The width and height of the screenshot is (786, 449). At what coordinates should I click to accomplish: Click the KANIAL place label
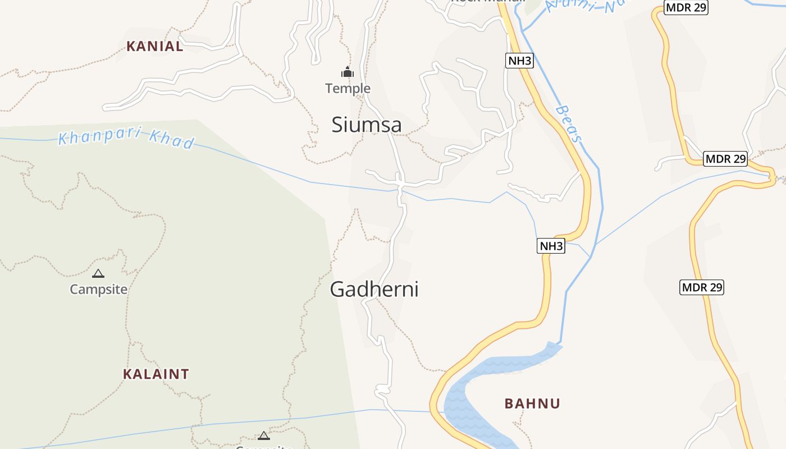154,46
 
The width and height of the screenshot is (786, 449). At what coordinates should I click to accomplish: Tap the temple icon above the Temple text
348,72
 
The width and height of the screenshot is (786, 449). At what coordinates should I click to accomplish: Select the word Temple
348,88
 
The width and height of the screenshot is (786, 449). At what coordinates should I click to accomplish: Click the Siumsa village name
367,125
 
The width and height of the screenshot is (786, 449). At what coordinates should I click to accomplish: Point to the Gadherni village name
374,289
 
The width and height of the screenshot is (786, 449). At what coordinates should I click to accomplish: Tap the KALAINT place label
156,374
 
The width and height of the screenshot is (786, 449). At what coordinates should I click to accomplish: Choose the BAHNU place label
532,404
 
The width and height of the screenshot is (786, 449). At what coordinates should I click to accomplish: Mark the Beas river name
569,123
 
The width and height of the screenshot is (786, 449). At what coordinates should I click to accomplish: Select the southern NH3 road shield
551,246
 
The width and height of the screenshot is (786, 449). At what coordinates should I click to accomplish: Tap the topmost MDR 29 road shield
686,7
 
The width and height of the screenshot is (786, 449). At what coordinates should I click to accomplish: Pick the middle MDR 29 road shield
726,159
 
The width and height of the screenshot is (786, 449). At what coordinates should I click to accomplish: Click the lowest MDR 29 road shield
702,287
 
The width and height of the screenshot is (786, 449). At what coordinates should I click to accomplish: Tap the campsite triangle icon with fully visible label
98,274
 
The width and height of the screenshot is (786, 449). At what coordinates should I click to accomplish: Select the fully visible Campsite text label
98,290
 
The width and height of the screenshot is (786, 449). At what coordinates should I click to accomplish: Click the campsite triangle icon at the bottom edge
263,436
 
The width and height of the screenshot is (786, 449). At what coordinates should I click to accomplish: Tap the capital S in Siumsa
337,125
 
